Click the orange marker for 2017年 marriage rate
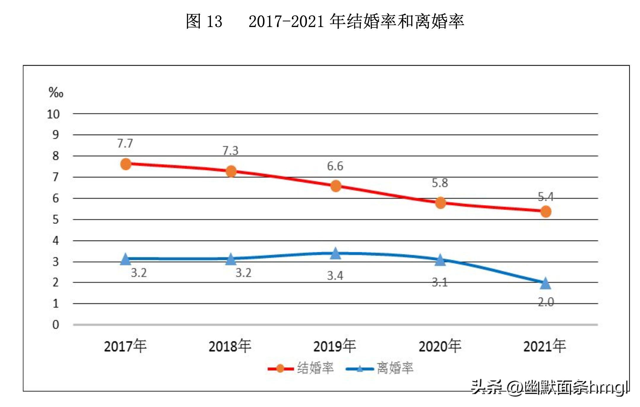click(x=126, y=164)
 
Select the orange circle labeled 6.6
click(x=336, y=186)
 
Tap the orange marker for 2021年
click(x=546, y=212)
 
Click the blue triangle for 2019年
click(x=335, y=254)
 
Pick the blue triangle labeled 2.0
click(x=545, y=284)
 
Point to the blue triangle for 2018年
click(x=231, y=259)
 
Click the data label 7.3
click(x=230, y=151)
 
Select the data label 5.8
click(x=440, y=183)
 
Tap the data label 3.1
click(x=440, y=282)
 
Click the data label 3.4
click(x=335, y=276)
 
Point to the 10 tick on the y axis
click(x=53, y=114)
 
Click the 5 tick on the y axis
click(x=56, y=220)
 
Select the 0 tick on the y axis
click(x=56, y=325)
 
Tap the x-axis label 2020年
click(x=440, y=346)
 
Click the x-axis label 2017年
click(x=125, y=346)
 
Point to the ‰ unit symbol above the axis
click(x=56, y=93)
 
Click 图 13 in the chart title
click(x=204, y=21)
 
